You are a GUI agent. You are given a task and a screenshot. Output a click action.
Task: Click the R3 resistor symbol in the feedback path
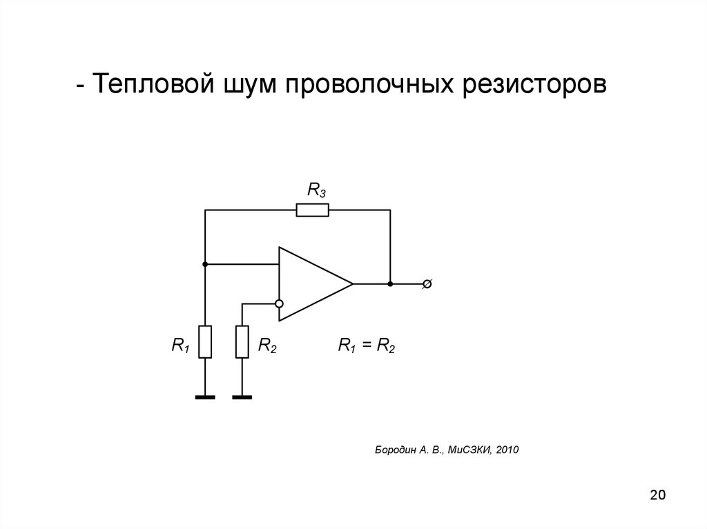(x=313, y=210)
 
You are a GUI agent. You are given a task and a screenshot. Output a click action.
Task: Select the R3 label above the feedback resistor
(x=316, y=190)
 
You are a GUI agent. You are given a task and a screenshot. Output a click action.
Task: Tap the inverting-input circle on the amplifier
(x=279, y=303)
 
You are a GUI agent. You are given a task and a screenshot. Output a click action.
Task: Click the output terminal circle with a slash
(x=427, y=283)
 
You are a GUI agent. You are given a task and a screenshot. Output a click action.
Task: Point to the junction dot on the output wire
(x=390, y=283)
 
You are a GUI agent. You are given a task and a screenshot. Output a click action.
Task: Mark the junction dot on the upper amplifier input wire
(x=205, y=264)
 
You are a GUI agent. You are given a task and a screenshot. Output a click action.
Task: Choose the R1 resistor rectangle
(x=205, y=342)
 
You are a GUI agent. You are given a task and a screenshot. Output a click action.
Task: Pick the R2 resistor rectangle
(x=242, y=342)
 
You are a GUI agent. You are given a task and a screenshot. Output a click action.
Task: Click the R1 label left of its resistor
(x=181, y=346)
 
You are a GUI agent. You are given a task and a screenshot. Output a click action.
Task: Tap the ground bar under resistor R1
(x=205, y=397)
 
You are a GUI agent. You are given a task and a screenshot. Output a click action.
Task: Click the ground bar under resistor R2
(x=242, y=397)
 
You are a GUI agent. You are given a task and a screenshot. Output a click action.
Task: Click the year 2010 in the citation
(x=506, y=450)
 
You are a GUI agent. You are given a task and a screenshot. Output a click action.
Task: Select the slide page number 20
(x=657, y=495)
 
